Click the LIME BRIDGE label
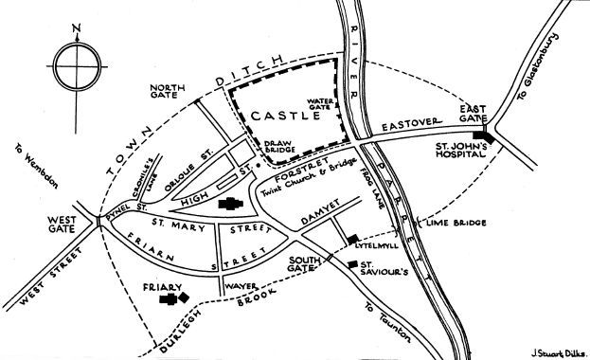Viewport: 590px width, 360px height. coord(457,223)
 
